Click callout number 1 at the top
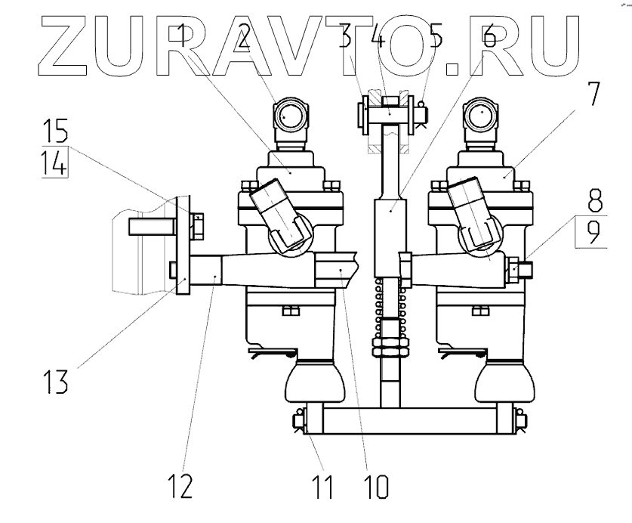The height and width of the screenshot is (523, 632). [179, 36]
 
